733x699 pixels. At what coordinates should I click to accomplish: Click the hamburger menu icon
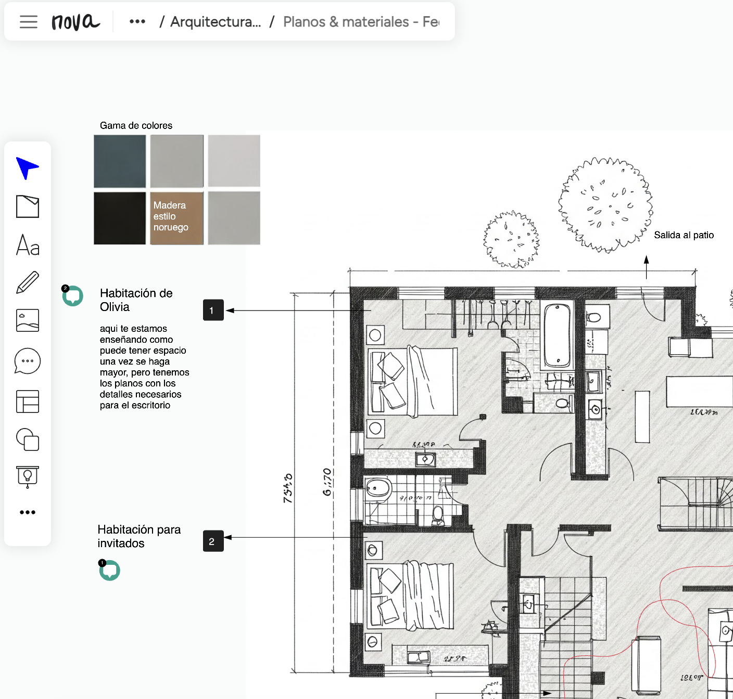tap(29, 22)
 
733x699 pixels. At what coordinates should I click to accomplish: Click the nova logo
tap(75, 22)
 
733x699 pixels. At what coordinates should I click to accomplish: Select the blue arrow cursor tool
tap(27, 168)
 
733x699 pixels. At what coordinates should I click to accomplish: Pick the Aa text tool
tap(28, 245)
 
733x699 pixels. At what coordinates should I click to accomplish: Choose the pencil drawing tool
tap(28, 282)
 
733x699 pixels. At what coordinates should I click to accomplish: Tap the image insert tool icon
tap(28, 320)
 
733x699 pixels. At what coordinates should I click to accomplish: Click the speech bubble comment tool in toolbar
tap(28, 361)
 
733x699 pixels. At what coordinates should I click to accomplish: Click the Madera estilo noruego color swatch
tap(177, 218)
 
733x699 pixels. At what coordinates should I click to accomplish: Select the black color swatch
tap(120, 218)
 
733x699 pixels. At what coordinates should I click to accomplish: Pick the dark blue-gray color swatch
tap(120, 161)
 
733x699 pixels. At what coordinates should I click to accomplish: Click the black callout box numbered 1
tap(213, 310)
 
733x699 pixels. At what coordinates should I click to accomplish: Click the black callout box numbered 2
tap(213, 541)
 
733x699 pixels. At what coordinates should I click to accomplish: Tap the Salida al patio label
tap(684, 235)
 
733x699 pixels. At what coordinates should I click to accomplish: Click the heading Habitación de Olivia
tap(136, 300)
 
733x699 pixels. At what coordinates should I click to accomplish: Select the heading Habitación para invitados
tap(139, 536)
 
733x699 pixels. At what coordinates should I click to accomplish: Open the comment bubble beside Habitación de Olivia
tap(73, 296)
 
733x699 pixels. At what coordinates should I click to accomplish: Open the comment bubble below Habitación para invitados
tap(110, 571)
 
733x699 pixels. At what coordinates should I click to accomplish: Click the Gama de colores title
tap(136, 125)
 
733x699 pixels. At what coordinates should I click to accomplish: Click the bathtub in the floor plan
tap(557, 335)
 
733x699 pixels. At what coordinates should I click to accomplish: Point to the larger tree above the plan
tap(605, 205)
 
